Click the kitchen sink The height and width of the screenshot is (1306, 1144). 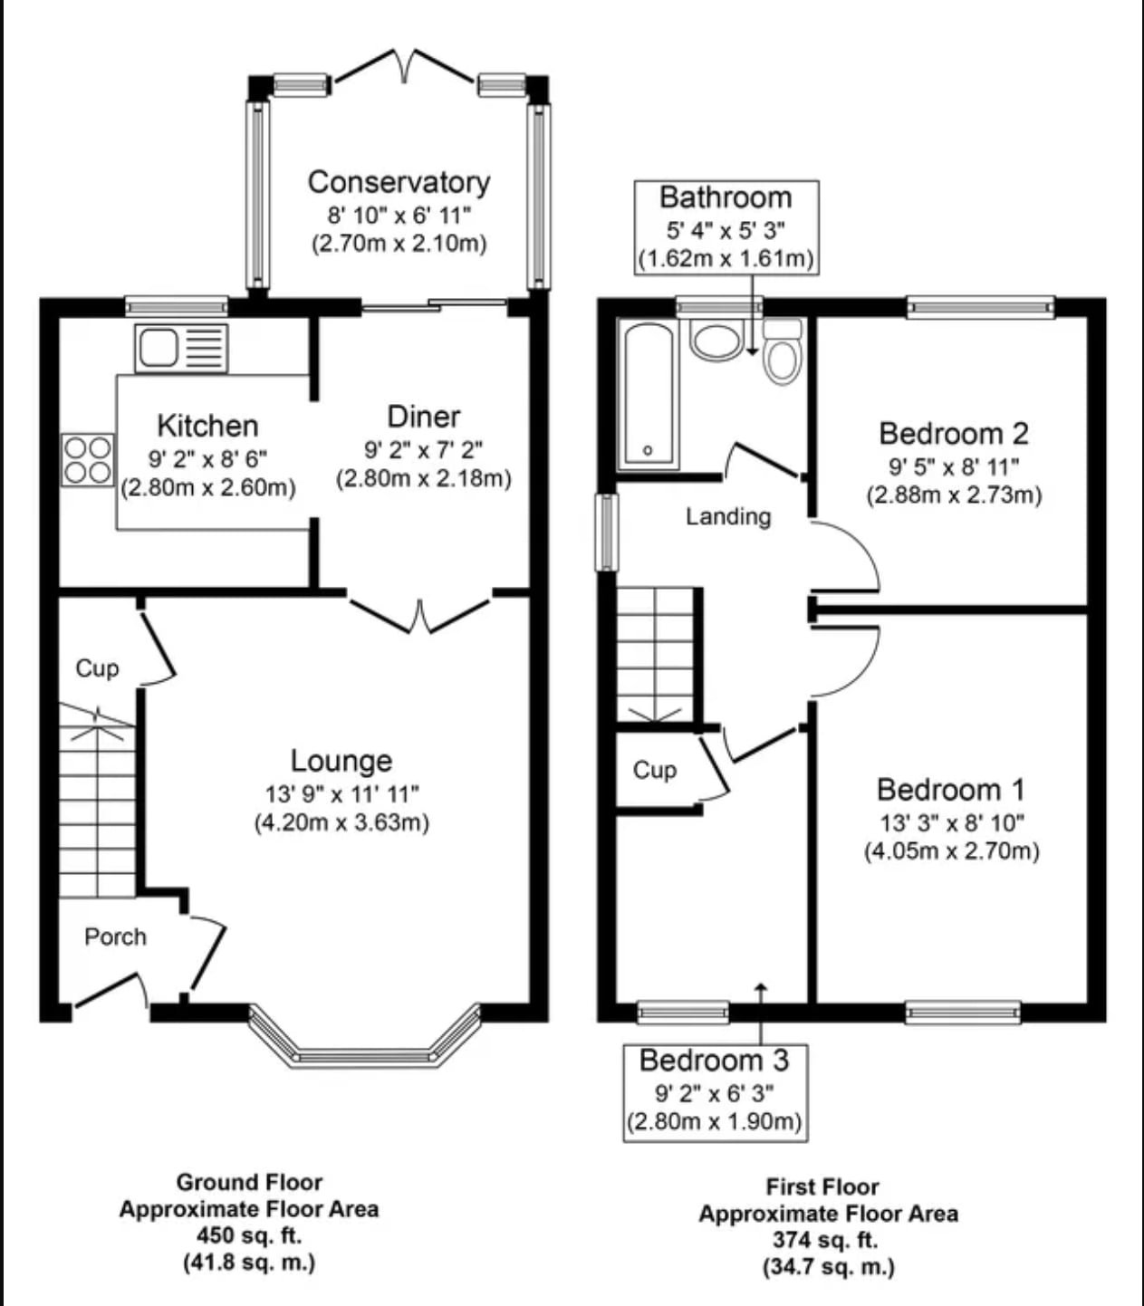pyautogui.click(x=181, y=349)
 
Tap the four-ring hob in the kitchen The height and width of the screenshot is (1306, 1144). pyautogui.click(x=88, y=459)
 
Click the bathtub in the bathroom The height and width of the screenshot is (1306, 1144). pyautogui.click(x=649, y=394)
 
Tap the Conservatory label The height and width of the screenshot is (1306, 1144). pyautogui.click(x=399, y=183)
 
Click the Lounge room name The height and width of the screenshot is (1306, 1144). pyautogui.click(x=341, y=760)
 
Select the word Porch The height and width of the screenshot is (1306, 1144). pyautogui.click(x=116, y=936)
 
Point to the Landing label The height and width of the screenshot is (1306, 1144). pyautogui.click(x=728, y=516)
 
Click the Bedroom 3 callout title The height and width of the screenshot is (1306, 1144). pyautogui.click(x=715, y=1061)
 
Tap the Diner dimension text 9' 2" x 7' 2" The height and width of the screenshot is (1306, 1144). pyautogui.click(x=424, y=450)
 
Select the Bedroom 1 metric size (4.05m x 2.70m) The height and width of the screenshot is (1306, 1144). pyautogui.click(x=952, y=850)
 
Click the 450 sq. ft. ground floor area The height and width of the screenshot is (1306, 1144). pyautogui.click(x=249, y=1235)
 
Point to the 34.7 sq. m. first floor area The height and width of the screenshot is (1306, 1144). pyautogui.click(x=829, y=1266)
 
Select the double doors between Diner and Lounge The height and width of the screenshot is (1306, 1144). pyautogui.click(x=419, y=616)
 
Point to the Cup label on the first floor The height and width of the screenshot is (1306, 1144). pyautogui.click(x=654, y=770)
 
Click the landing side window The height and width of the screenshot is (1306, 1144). pyautogui.click(x=607, y=532)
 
